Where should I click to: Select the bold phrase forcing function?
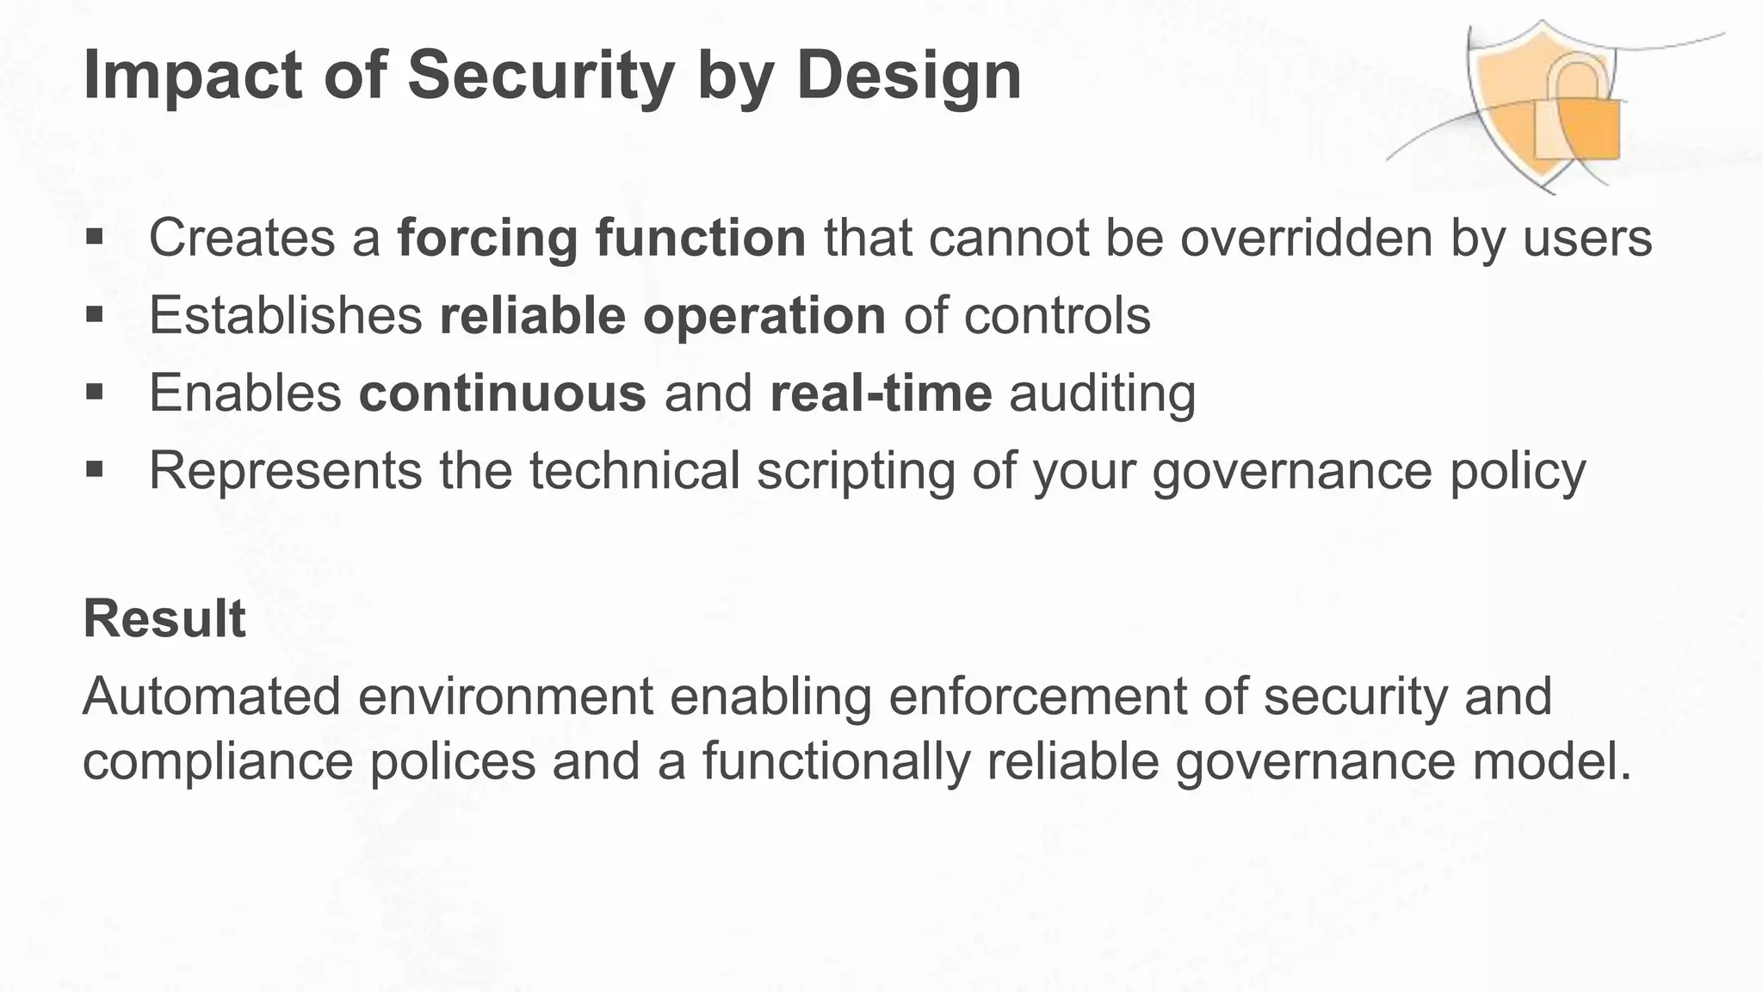tap(601, 238)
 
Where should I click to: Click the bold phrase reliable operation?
tap(662, 315)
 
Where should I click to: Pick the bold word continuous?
tap(502, 393)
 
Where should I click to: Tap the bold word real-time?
tap(881, 393)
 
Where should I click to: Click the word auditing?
tap(1102, 394)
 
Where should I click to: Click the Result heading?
tap(164, 618)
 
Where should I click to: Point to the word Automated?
tap(212, 696)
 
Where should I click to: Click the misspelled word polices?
tap(453, 761)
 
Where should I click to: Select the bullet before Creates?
tap(95, 237)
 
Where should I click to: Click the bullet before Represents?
tap(95, 470)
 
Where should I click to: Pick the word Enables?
tap(245, 393)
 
